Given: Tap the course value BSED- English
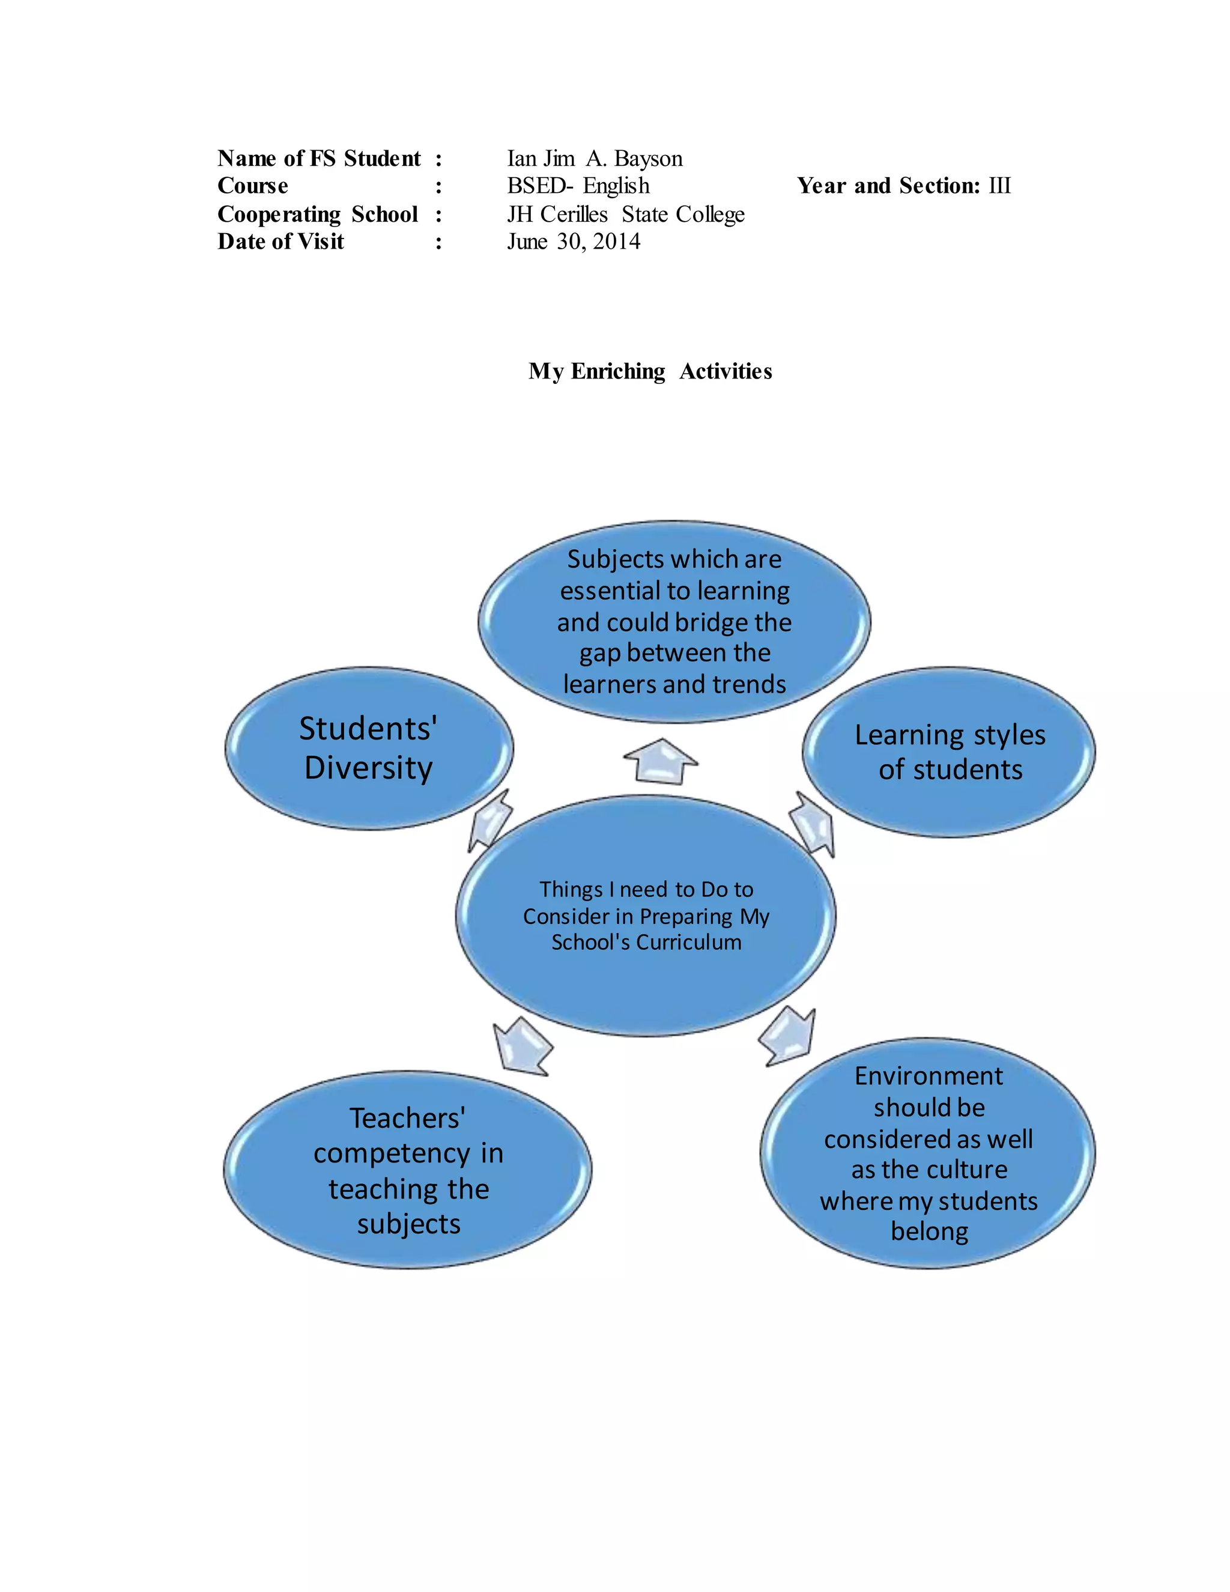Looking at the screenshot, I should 578,186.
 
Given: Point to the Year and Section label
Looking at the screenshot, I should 888,186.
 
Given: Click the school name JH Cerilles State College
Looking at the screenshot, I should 625,214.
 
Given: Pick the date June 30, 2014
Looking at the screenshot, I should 574,242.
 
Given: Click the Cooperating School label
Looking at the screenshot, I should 318,214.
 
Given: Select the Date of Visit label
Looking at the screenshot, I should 280,242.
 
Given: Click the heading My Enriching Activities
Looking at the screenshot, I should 650,371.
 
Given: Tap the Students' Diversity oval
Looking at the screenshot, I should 369,748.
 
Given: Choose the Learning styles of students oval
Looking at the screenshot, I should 949,752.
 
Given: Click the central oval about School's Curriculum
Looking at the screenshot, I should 646,916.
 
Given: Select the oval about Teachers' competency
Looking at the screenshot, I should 408,1170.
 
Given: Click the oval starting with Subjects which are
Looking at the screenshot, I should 674,622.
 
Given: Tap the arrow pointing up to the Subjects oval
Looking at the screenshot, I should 661,761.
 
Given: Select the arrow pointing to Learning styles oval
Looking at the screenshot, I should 813,824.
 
